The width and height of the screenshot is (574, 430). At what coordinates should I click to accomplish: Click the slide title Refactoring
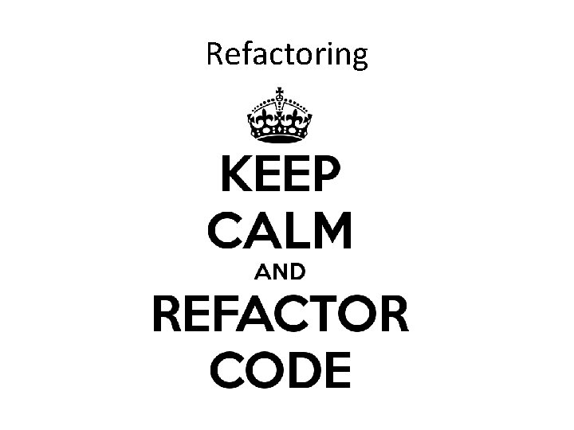pos(287,54)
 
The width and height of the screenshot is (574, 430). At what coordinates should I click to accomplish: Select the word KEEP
pos(279,173)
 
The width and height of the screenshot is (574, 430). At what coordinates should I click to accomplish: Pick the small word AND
pos(279,272)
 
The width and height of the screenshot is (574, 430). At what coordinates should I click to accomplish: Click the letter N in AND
pos(279,272)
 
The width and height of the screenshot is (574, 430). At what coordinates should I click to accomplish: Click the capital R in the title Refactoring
pos(214,54)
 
